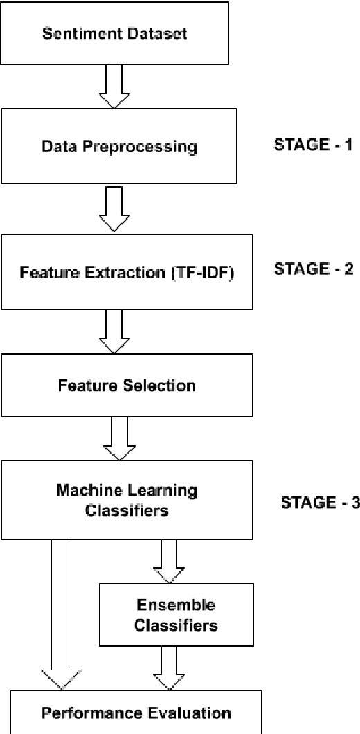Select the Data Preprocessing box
click(x=119, y=147)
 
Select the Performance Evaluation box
click(x=136, y=712)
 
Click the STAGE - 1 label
click(x=314, y=146)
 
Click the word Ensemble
click(x=166, y=605)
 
